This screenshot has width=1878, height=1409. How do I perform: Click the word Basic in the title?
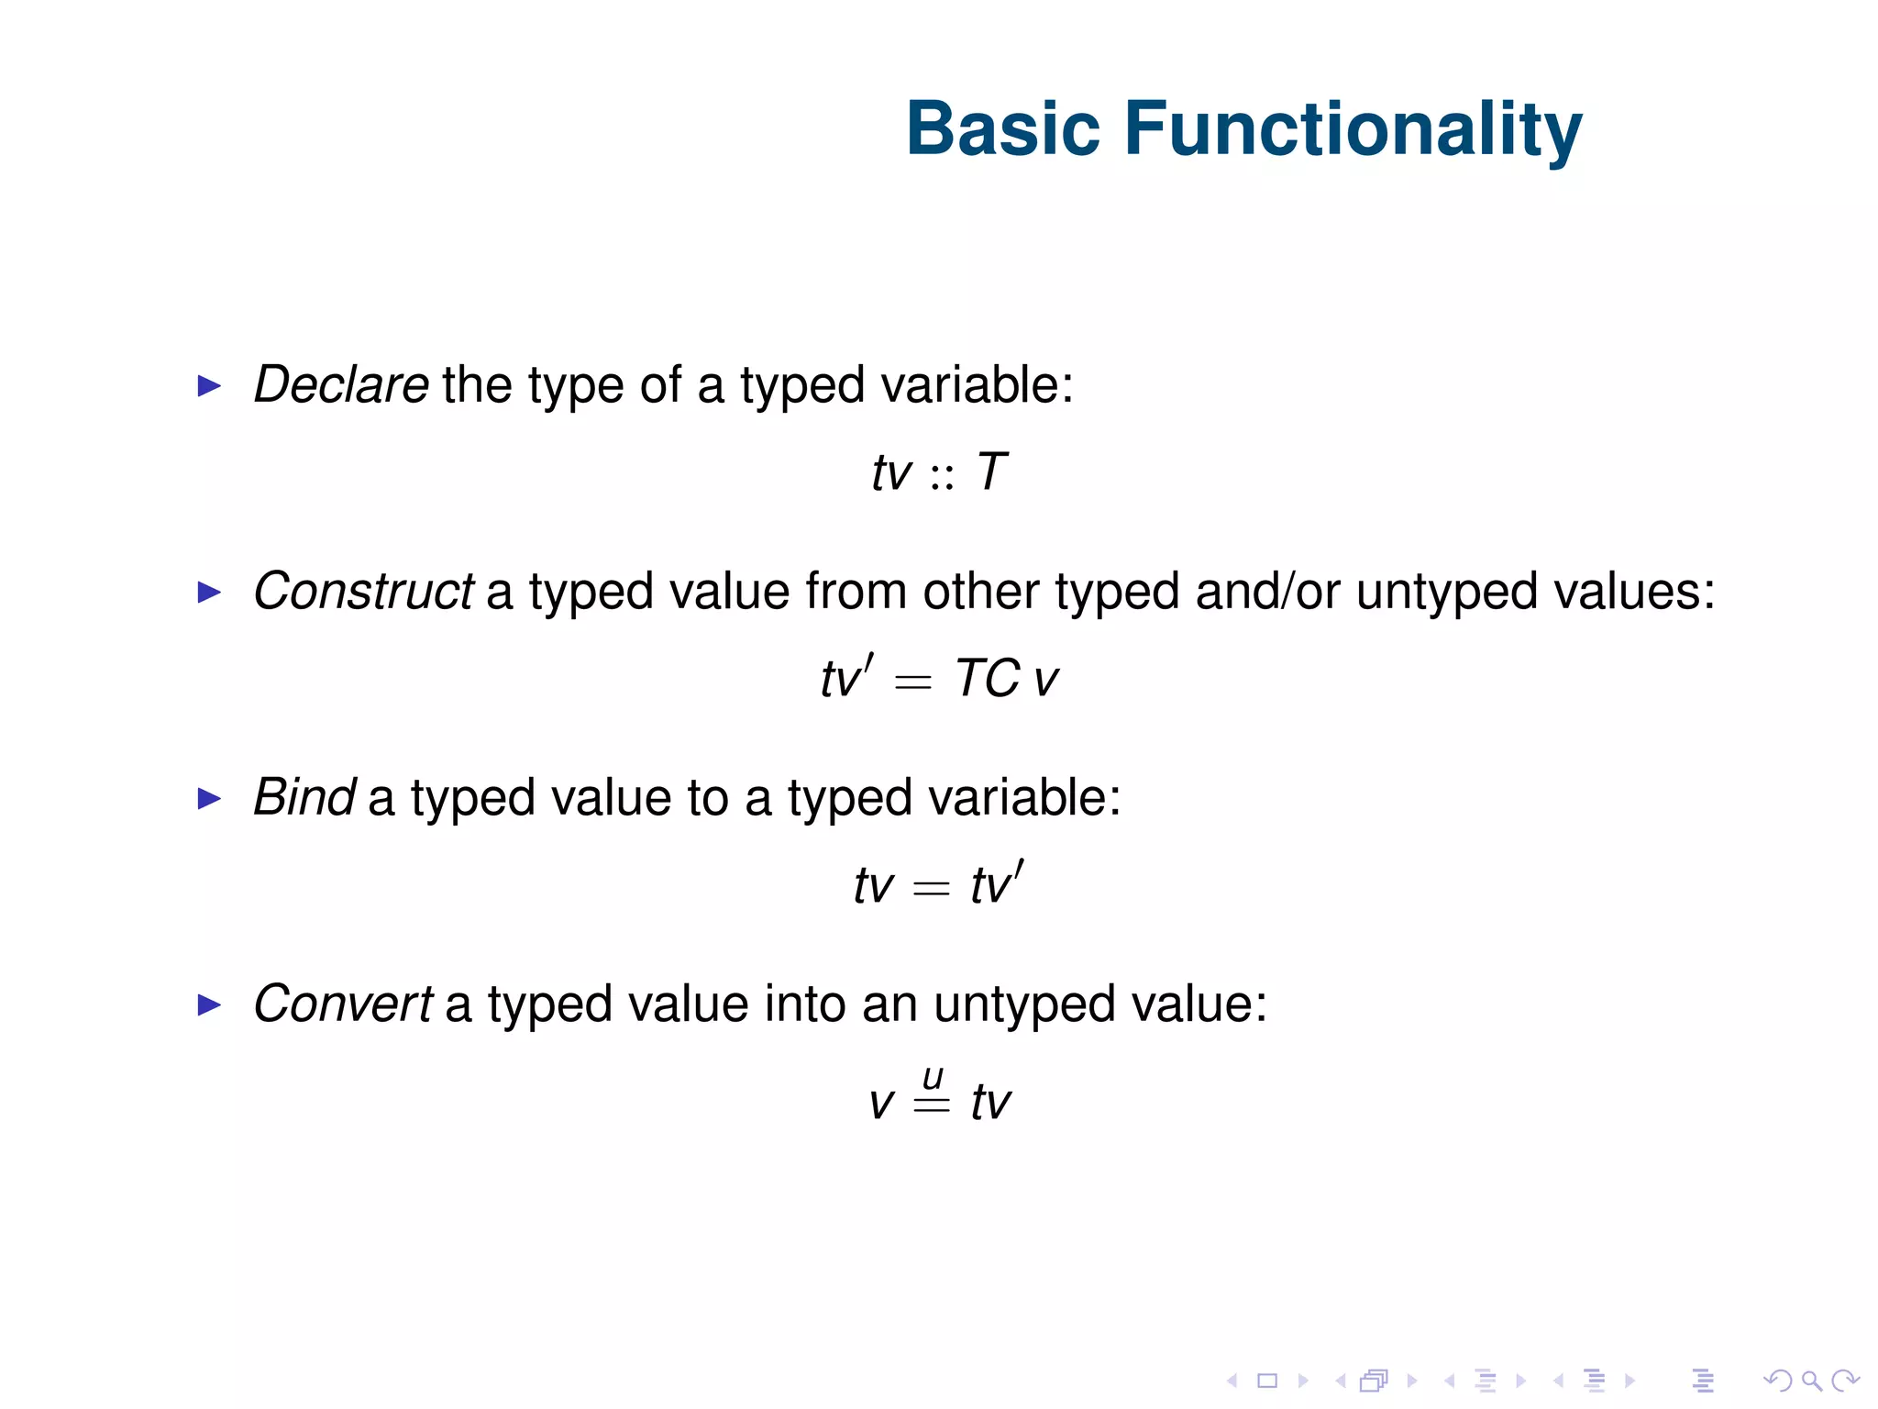(1002, 128)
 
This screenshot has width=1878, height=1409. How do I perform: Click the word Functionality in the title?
(1353, 130)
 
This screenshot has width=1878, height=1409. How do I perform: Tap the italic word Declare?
(340, 384)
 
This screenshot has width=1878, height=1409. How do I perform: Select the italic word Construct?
(363, 591)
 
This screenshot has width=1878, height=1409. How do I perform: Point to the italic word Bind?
(304, 796)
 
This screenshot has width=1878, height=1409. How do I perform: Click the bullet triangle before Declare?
(210, 386)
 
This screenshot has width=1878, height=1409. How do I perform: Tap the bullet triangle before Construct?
(210, 593)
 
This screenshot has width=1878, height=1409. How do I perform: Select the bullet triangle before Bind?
(210, 799)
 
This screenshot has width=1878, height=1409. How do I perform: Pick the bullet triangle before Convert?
(210, 1005)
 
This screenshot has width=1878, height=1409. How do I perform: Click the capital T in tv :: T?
(992, 472)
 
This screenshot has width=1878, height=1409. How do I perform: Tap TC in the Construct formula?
(988, 679)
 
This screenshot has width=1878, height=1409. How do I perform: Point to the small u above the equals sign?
(933, 1076)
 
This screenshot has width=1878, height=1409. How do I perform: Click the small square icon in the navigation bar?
(1267, 1380)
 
